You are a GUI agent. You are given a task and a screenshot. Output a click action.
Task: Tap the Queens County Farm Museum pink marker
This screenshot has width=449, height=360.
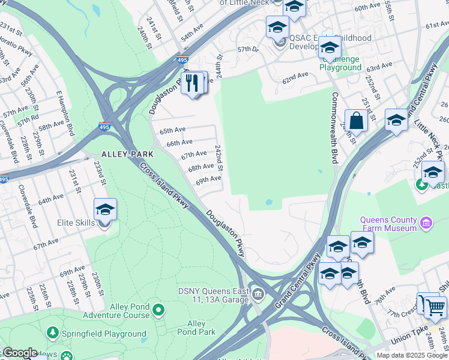(x=426, y=224)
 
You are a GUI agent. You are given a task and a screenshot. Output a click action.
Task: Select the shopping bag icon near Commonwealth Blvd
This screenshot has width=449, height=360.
(x=356, y=121)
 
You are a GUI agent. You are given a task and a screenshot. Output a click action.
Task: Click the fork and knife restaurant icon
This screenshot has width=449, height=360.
(x=193, y=83)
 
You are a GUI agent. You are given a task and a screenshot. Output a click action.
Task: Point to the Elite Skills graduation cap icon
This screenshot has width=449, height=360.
(x=105, y=210)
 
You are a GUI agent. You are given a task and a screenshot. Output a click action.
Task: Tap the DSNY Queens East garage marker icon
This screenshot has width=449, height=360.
(x=258, y=293)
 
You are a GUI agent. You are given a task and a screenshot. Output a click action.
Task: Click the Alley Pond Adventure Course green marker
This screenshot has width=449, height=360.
(x=158, y=310)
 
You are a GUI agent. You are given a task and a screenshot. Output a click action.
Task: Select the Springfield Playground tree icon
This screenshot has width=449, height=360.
(x=53, y=332)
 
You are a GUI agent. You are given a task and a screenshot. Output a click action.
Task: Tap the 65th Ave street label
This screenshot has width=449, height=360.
(x=172, y=130)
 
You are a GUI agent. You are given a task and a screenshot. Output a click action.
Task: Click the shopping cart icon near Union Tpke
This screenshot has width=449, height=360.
(x=435, y=307)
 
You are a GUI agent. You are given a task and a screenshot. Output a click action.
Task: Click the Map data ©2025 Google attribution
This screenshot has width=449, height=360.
(x=411, y=355)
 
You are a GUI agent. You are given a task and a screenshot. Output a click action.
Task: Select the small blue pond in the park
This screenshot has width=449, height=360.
(x=268, y=203)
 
